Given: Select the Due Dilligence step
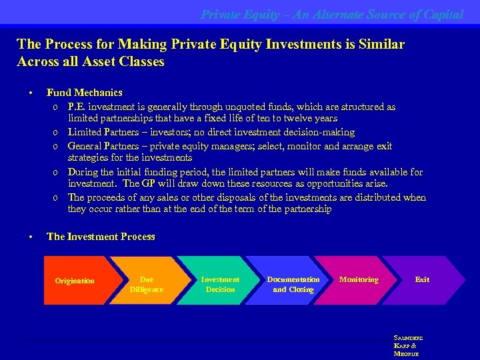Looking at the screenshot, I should (146, 284).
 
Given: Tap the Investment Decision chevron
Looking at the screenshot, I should (220, 284).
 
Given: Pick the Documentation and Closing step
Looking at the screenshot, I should (293, 284).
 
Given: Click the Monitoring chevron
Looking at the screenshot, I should (359, 280).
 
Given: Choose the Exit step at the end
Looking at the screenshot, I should (422, 280).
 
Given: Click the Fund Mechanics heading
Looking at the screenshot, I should (85, 93).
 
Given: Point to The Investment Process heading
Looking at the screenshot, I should (101, 237).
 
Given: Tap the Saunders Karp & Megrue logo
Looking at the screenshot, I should (408, 345).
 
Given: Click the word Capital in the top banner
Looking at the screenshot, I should (443, 14).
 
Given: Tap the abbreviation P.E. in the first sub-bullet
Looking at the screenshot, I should (76, 107).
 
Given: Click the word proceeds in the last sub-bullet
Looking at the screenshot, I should (107, 197).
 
